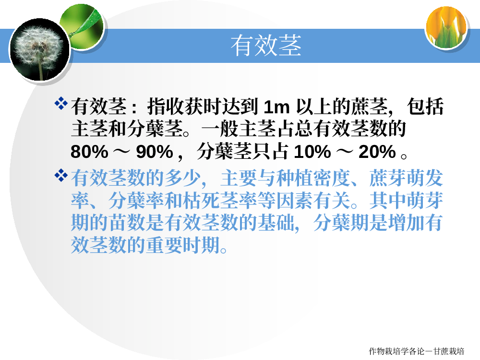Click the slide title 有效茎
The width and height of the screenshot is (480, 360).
tap(266, 45)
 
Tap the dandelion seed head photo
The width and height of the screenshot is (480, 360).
tap(39, 49)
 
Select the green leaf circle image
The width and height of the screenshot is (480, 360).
tap(83, 26)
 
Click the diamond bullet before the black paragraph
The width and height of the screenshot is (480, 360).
tap(61, 103)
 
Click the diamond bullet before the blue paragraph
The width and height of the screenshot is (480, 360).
tap(61, 175)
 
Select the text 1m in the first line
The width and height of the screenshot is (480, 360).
tap(276, 107)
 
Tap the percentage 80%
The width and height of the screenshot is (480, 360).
tap(89, 152)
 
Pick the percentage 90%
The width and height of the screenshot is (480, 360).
tap(155, 152)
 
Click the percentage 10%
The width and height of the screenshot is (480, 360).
tap(312, 152)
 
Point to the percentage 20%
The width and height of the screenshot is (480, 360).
tap(377, 152)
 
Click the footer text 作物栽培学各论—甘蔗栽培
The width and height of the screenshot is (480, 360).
tap(417, 351)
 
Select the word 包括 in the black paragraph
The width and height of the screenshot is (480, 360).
tap(425, 107)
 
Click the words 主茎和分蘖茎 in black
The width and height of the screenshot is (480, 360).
tap(127, 129)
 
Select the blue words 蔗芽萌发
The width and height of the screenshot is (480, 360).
tap(406, 178)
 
